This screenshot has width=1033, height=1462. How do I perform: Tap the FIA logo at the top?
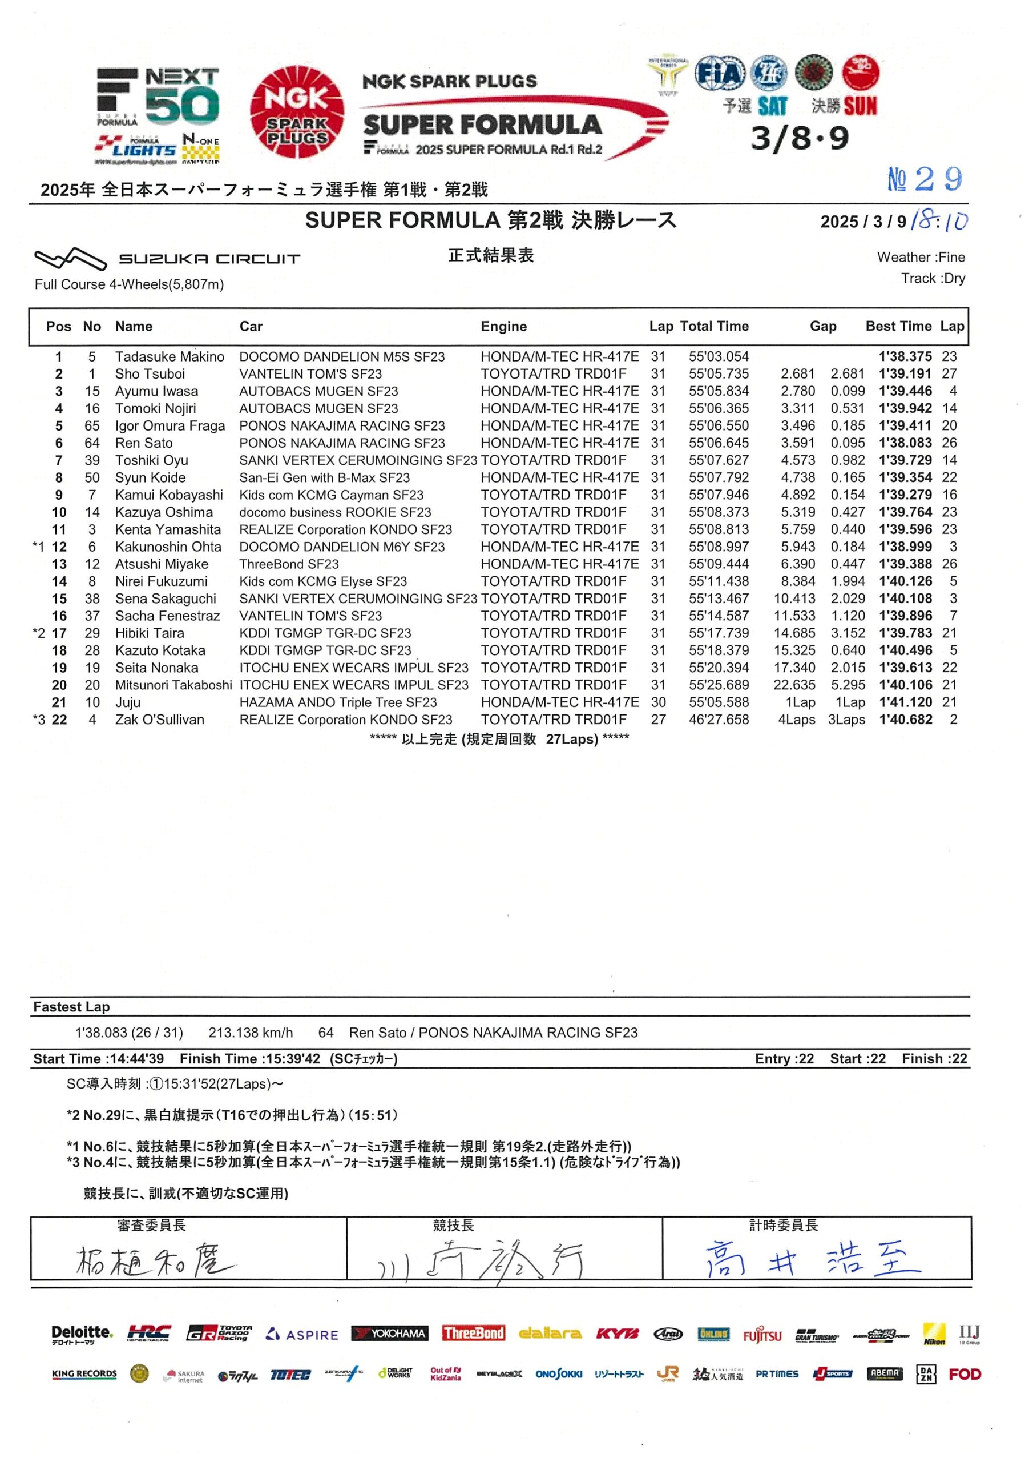point(719,74)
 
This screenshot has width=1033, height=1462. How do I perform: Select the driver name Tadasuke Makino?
point(170,356)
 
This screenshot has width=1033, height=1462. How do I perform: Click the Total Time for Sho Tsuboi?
point(718,373)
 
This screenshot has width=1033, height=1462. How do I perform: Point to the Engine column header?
point(503,327)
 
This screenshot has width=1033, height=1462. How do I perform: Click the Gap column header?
point(822,327)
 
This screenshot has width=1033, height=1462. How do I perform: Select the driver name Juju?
point(128,702)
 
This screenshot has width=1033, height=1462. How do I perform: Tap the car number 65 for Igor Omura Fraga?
point(92,426)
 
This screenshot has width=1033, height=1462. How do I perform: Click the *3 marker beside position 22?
point(39,720)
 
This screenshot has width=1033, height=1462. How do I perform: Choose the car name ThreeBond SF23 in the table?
point(289,564)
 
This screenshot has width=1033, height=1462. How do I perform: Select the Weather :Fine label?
point(921,257)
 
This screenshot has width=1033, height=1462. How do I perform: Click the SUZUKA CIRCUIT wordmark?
point(209,259)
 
